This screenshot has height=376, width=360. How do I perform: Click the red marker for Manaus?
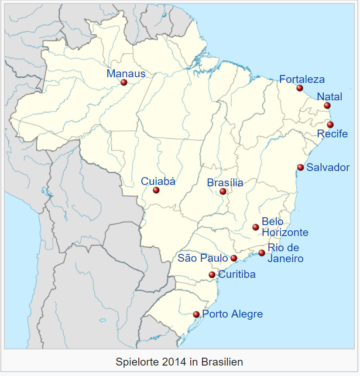124,82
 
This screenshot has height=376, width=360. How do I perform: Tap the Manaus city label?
126,73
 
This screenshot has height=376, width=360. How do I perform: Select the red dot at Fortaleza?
300,88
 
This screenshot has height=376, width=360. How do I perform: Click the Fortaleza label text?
302,79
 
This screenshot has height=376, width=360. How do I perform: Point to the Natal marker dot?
327,106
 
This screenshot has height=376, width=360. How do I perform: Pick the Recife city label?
333,133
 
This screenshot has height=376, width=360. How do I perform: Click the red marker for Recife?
330,125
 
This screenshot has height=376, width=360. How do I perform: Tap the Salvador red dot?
301,167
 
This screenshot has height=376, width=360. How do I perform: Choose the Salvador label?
328,167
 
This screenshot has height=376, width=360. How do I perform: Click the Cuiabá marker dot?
156,190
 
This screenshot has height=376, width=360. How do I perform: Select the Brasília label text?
225,183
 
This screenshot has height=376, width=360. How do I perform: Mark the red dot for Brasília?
223,191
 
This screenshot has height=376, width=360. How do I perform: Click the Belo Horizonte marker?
256,227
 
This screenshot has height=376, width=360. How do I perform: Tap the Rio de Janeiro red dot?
262,253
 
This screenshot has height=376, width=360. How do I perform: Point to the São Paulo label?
202,258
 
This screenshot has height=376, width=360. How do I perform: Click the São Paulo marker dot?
234,258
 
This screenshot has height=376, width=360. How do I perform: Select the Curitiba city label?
237,275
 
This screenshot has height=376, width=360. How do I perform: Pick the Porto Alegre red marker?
196,314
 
